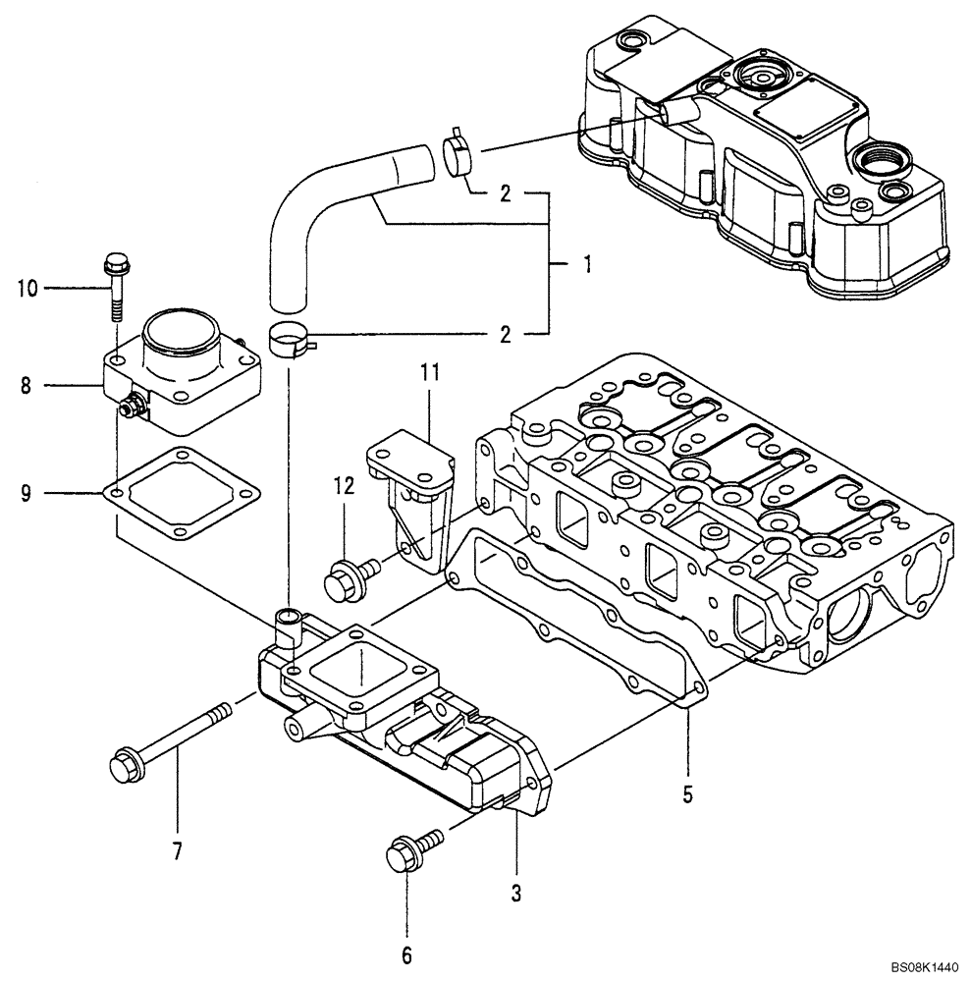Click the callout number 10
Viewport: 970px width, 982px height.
point(26,289)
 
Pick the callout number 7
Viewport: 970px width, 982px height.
point(178,851)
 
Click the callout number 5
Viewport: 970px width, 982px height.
point(687,793)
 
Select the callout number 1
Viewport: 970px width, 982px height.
point(587,264)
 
